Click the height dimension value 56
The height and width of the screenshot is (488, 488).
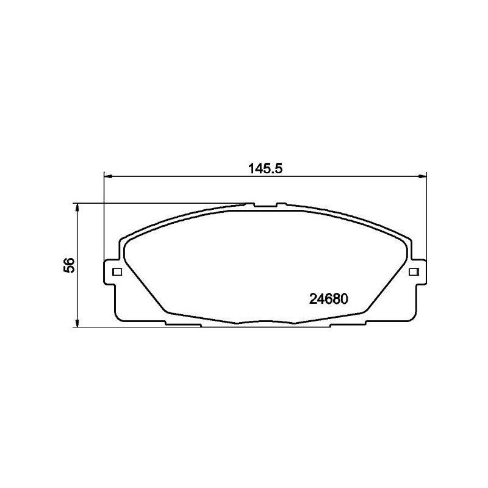69,265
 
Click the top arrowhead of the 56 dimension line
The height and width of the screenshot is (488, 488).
77,208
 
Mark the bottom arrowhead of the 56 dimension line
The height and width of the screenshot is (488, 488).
77,323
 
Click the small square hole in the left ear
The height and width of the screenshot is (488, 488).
118,271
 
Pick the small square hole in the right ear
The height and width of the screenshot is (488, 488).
412,271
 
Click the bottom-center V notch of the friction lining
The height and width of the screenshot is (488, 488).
265,323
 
